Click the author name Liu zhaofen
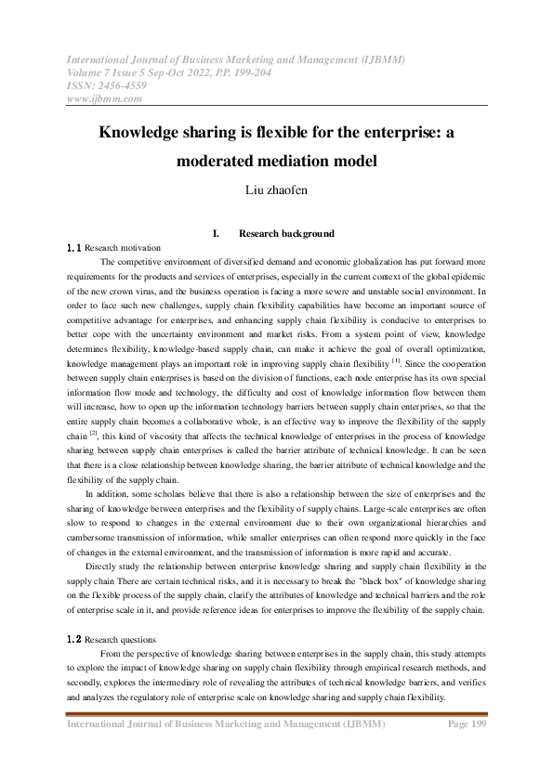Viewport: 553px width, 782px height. pyautogui.click(x=276, y=192)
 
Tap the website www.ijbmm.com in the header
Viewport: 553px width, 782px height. pyautogui.click(x=104, y=98)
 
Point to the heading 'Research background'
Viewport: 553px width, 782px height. pyautogui.click(x=286, y=234)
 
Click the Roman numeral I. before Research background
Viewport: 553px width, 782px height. pyautogui.click(x=216, y=234)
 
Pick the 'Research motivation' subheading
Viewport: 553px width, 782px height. pyautogui.click(x=123, y=249)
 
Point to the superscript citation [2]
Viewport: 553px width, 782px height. pyautogui.click(x=93, y=406)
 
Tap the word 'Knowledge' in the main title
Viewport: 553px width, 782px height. pyautogui.click(x=143, y=132)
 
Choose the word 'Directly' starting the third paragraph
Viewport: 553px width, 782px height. pyautogui.click(x=102, y=565)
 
